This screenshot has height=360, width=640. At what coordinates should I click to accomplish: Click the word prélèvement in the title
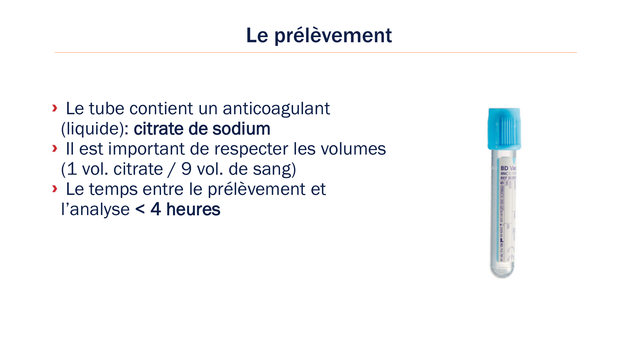(x=333, y=36)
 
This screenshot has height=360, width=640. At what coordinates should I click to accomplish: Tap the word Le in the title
(x=257, y=35)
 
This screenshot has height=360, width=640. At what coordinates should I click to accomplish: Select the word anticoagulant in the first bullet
(x=276, y=109)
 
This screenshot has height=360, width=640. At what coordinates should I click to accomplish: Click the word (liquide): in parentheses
(x=95, y=129)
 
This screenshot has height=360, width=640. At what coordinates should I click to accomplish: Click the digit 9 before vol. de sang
(x=186, y=169)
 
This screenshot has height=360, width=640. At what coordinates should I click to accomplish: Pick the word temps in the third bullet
(x=113, y=189)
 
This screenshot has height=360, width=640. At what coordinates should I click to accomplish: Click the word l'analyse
(x=95, y=210)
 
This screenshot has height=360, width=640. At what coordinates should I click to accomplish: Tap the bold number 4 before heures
(x=156, y=209)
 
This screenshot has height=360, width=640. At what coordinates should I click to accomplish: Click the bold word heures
(x=193, y=209)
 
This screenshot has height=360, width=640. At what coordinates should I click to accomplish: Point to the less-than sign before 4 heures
(x=140, y=210)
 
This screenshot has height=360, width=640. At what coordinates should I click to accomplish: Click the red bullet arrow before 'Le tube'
(x=55, y=108)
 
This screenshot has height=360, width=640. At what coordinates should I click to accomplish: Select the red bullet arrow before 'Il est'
(x=55, y=148)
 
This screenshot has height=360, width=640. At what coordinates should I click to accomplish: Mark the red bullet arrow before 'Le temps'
(x=55, y=189)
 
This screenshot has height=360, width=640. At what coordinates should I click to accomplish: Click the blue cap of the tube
(x=504, y=129)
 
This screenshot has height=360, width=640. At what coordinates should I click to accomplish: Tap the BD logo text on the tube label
(x=504, y=168)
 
